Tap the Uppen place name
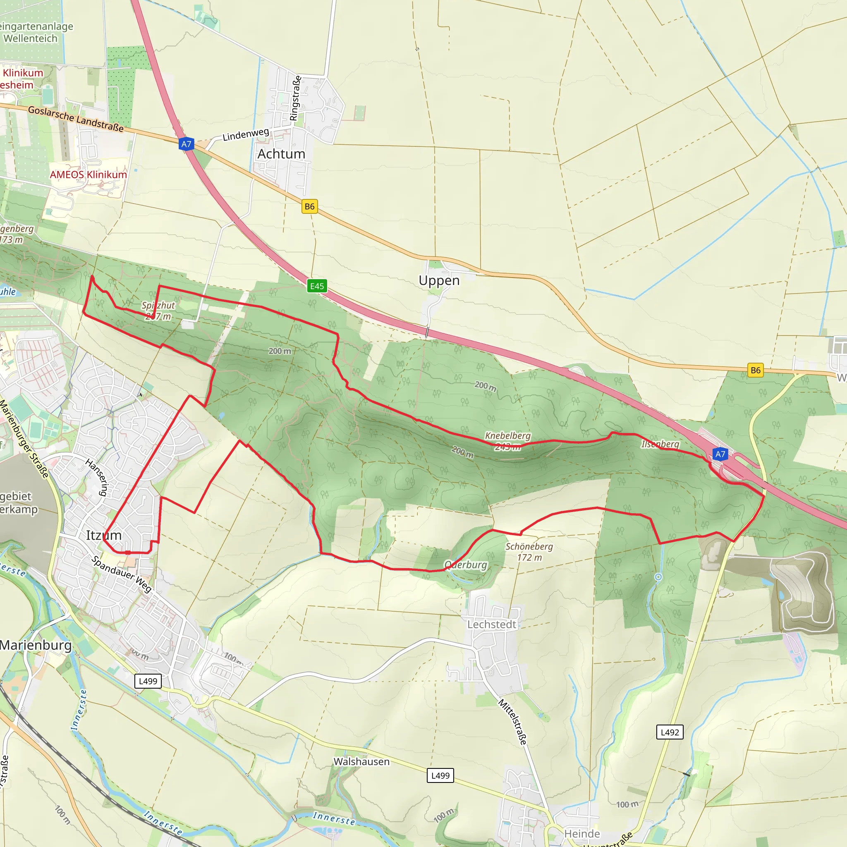point(439,280)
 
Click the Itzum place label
point(103,535)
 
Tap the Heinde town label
point(582,833)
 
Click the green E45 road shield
point(316,286)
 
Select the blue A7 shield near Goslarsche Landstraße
point(187,144)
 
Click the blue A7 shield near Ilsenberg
point(720,454)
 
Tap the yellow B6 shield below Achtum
point(309,206)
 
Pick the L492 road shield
point(670,732)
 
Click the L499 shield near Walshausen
point(440,775)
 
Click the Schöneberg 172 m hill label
point(529,552)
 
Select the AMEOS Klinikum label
point(88,175)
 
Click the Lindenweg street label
point(246,134)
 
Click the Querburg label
point(466,565)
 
